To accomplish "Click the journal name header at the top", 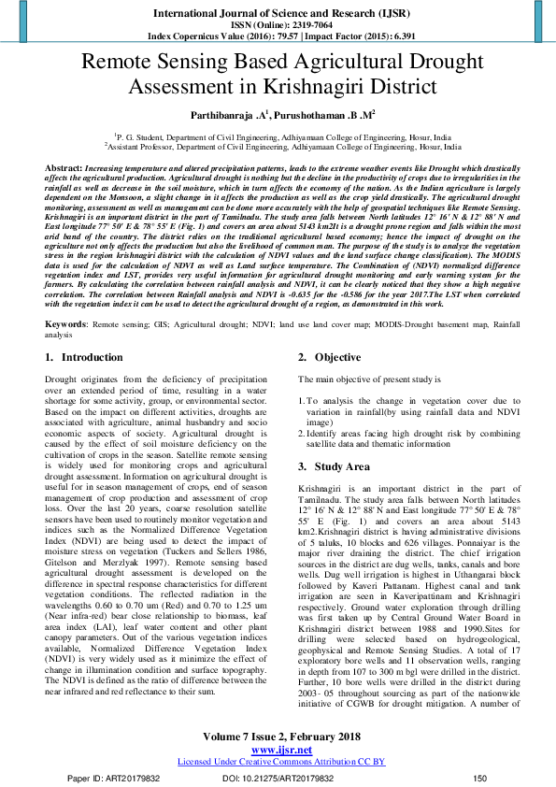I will (278, 13).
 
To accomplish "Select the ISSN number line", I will (278, 26).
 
